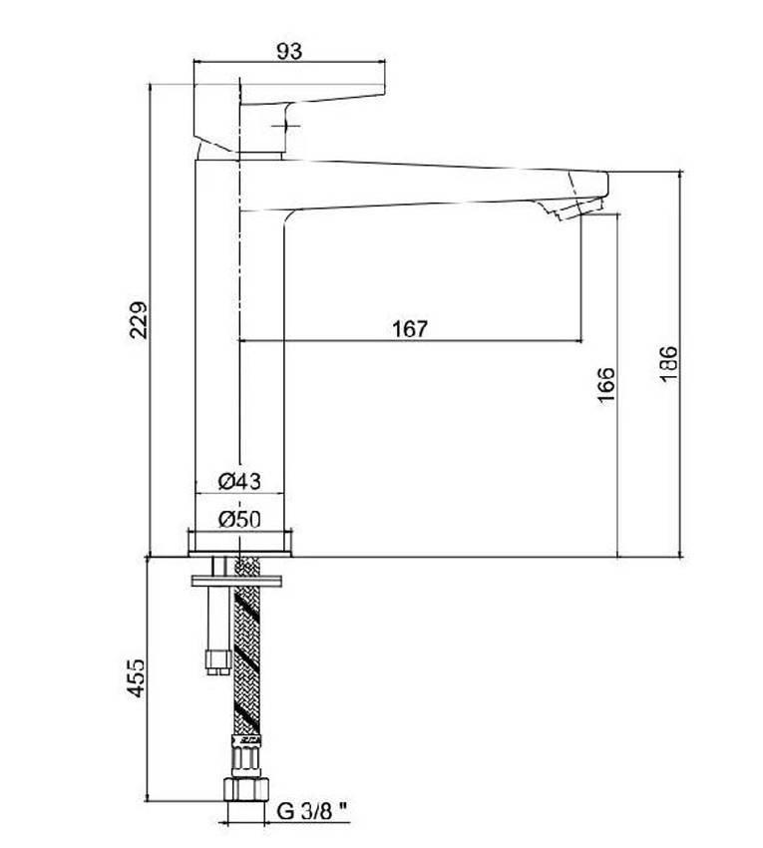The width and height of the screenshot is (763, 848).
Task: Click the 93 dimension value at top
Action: tap(290, 51)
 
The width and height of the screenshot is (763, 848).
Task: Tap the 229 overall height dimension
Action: tap(138, 320)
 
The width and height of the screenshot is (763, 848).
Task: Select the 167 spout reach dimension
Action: tap(410, 329)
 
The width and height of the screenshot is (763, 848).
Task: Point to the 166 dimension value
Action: tap(606, 384)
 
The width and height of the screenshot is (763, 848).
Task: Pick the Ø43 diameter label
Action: tap(239, 481)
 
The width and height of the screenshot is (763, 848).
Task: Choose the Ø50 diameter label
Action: tap(239, 519)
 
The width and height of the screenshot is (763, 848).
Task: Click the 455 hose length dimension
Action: tap(137, 677)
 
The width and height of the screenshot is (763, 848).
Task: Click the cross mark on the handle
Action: tap(285, 126)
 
